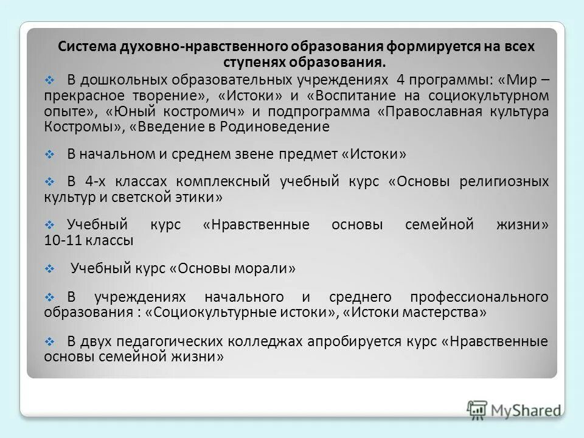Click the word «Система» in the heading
[x=85, y=46]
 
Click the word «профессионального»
[x=479, y=297]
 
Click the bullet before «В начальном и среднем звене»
[x=50, y=155]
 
